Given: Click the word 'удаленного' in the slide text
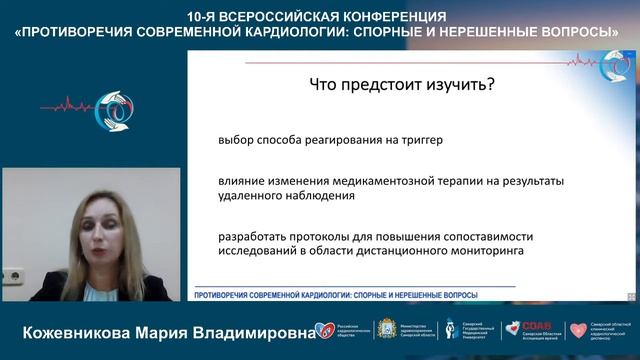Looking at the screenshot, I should point(251,196).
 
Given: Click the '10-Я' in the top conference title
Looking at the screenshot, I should point(200,17).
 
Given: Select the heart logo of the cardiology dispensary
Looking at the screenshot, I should point(577,330).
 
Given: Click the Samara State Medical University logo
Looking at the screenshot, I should point(450,330).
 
